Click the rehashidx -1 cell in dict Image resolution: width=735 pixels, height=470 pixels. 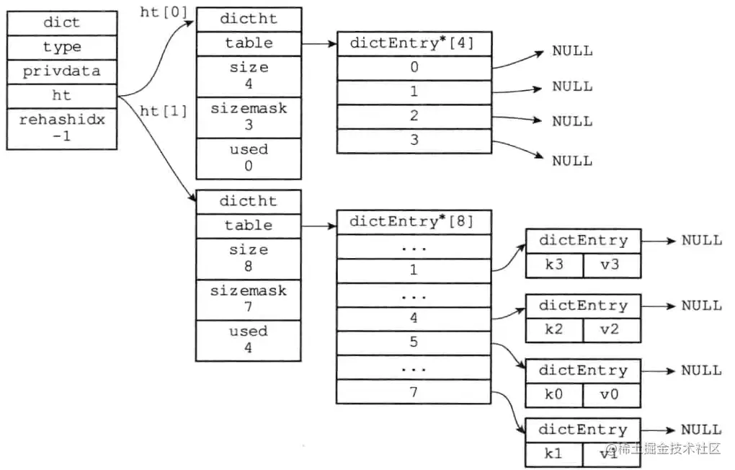coord(61,128)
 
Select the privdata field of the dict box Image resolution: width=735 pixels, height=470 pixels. coord(61,71)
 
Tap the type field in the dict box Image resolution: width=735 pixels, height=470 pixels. coord(61,47)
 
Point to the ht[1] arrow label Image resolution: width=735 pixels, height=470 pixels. coord(164,111)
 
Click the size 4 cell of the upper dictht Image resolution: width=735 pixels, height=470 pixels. coord(248,76)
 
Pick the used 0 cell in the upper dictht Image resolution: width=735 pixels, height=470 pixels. coord(248,158)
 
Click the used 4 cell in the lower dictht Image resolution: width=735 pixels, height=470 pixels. coord(248,340)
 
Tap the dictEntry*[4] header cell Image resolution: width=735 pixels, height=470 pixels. coord(414,43)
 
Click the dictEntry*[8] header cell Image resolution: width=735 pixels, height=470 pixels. coord(414,222)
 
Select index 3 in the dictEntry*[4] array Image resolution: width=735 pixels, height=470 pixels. coord(414,141)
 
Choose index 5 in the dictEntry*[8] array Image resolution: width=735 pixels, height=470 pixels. coord(414,342)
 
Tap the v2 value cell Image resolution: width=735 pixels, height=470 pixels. coord(610,329)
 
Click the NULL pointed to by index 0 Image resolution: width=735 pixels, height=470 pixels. coord(572,51)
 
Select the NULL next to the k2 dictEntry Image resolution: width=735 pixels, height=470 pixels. coord(701,306)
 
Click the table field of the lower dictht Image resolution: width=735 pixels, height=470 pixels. coord(248,226)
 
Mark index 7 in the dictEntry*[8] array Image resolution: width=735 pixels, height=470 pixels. coord(414,391)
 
